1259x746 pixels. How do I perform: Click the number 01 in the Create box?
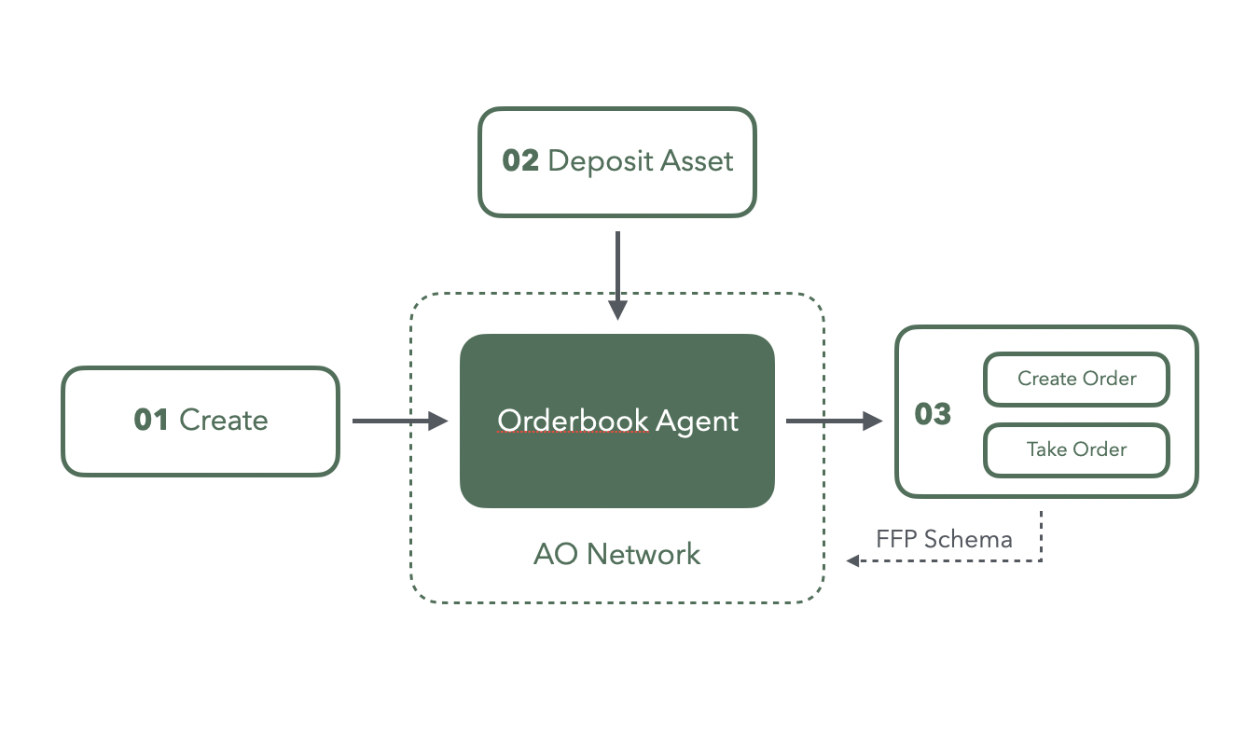pyautogui.click(x=151, y=420)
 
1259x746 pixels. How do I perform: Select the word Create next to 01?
pyautogui.click(x=224, y=420)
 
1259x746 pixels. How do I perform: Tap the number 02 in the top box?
pyautogui.click(x=520, y=160)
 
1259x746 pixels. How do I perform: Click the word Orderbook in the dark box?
pyautogui.click(x=573, y=421)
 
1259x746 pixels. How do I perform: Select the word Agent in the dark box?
pyautogui.click(x=697, y=421)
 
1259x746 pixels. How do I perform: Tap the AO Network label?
pyautogui.click(x=616, y=554)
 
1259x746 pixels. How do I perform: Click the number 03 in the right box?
pyautogui.click(x=933, y=413)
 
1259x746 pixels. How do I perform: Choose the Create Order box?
pyautogui.click(x=1076, y=379)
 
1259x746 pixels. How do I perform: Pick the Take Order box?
pyautogui.click(x=1076, y=449)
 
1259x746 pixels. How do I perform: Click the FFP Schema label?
pyautogui.click(x=944, y=539)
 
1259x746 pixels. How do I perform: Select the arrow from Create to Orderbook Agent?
pyautogui.click(x=399, y=421)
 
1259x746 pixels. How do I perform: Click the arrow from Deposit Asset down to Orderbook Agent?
pyautogui.click(x=617, y=274)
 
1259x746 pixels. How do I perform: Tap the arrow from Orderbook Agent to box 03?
pyautogui.click(x=833, y=421)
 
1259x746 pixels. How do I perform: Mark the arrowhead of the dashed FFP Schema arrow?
pyautogui.click(x=851, y=560)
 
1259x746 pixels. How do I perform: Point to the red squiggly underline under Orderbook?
pyautogui.click(x=573, y=435)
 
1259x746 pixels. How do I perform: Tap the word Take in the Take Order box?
pyautogui.click(x=1045, y=449)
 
